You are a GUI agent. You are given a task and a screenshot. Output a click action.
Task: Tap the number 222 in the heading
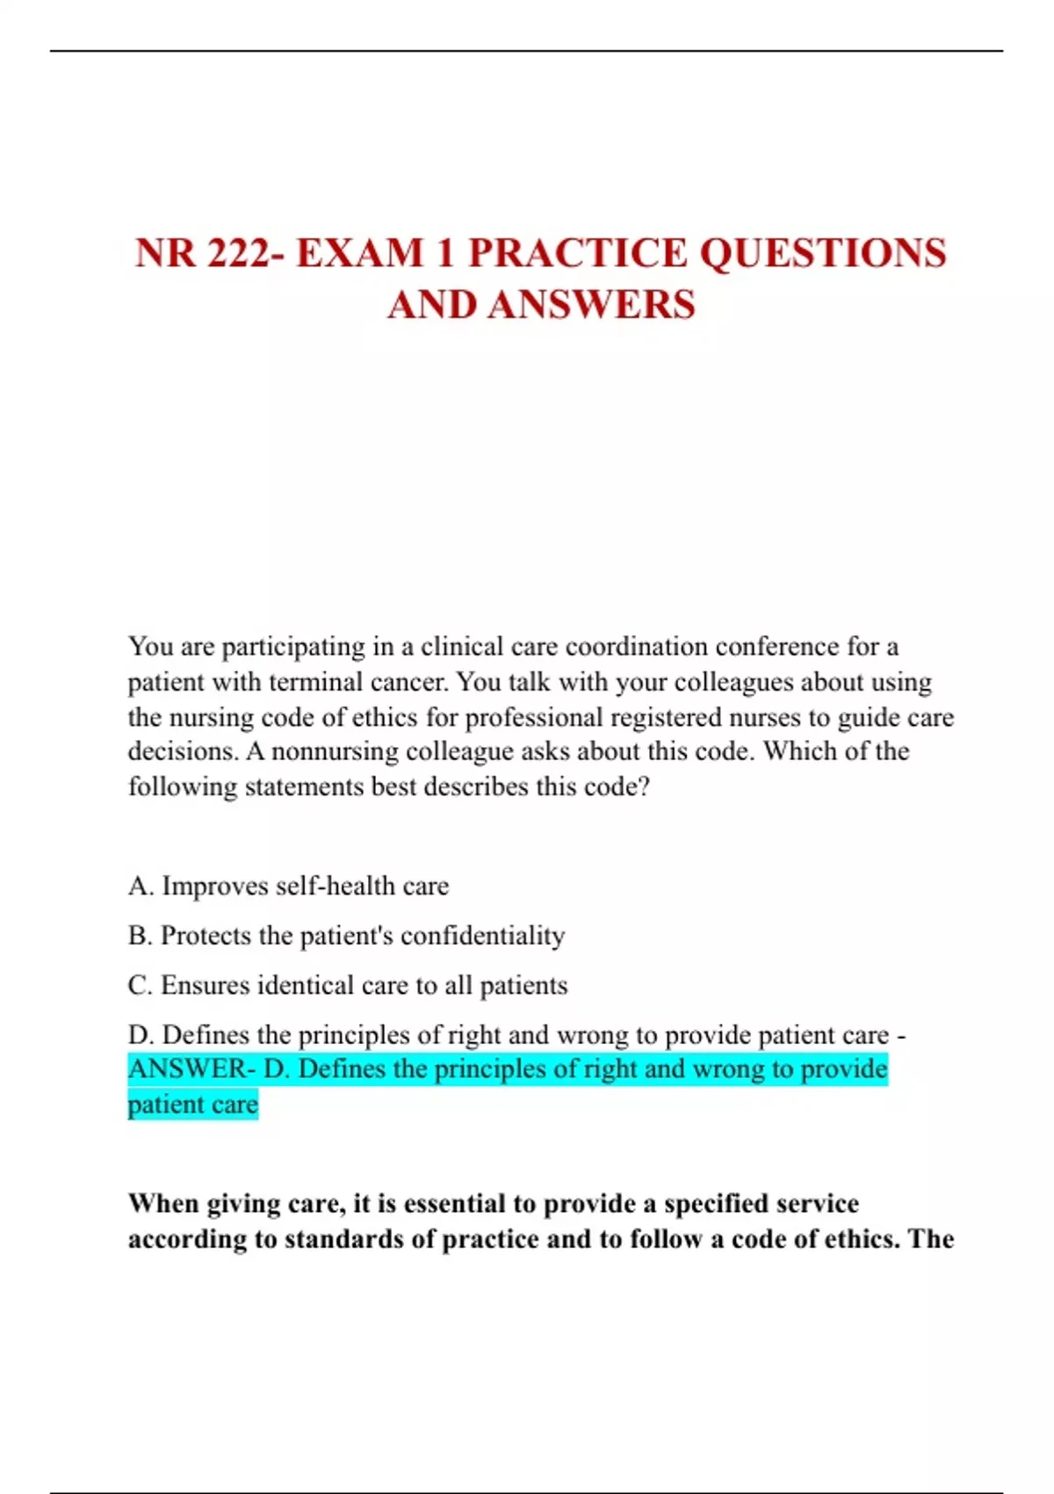tap(240, 253)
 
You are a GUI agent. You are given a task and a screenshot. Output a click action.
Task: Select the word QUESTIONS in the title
tap(822, 253)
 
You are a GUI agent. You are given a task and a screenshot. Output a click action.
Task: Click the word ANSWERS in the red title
tap(591, 305)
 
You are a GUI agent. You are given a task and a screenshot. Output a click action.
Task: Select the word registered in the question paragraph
tap(673, 717)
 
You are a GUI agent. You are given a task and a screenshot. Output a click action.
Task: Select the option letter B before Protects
tap(138, 936)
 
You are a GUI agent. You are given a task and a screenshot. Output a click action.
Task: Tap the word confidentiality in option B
tap(482, 936)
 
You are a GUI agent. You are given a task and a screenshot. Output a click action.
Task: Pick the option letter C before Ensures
tap(139, 985)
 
